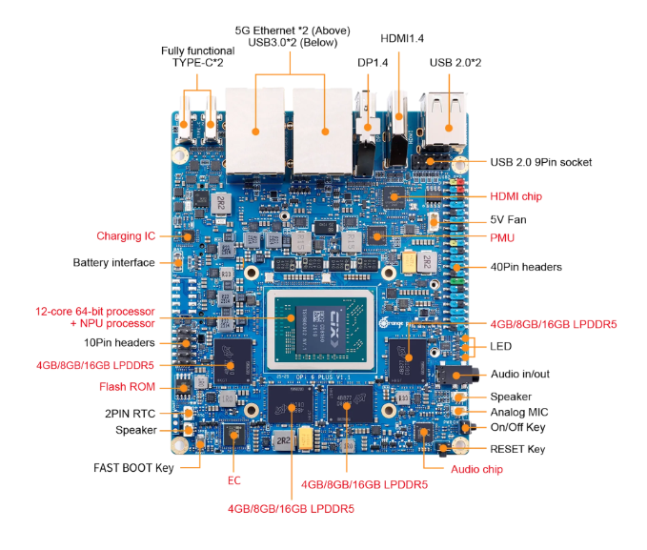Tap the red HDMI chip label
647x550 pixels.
click(516, 196)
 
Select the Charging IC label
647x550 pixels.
click(126, 235)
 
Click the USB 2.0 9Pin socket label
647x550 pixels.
click(541, 162)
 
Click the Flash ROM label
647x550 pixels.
click(127, 387)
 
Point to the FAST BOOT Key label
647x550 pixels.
click(133, 468)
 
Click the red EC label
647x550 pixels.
click(234, 481)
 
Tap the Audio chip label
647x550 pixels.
click(476, 469)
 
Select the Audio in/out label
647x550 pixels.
click(520, 374)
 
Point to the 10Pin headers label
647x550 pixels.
click(119, 342)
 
